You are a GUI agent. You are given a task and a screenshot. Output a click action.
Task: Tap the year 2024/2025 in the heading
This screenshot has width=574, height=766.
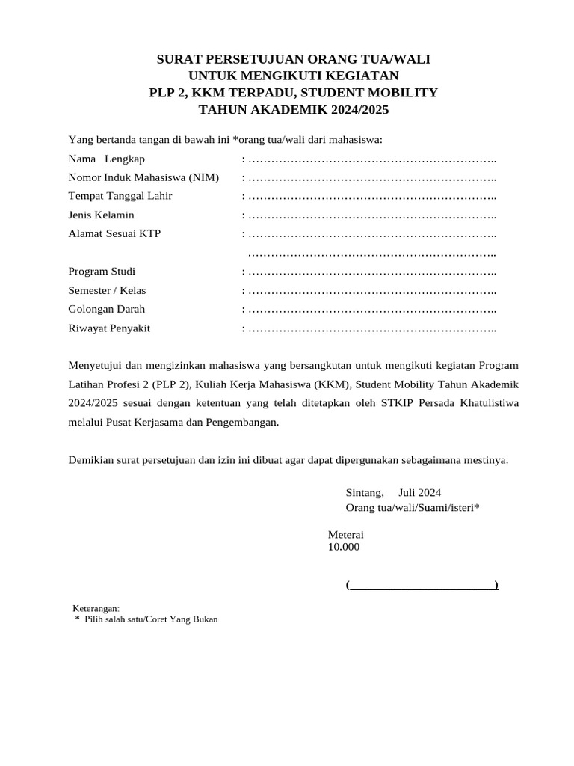[x=354, y=110]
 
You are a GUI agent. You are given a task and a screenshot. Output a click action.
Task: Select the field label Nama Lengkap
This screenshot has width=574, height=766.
[x=106, y=159]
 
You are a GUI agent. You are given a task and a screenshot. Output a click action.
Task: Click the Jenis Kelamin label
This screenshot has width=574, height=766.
[x=101, y=215]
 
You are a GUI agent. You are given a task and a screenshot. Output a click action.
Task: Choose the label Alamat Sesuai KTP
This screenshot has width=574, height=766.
[x=114, y=233]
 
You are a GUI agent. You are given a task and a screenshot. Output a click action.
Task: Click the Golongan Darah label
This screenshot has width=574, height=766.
[x=106, y=309]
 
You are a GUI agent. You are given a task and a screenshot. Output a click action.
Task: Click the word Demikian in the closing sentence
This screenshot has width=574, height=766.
[x=90, y=459]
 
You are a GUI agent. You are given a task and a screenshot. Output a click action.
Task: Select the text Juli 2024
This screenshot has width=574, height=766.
[x=419, y=492]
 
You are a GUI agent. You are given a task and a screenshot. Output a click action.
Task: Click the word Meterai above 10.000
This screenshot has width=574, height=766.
[x=345, y=535]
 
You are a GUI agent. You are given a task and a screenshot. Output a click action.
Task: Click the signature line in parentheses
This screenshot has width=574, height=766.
[x=422, y=585]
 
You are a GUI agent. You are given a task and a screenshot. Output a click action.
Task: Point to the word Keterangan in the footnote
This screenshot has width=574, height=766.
[x=95, y=608]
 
